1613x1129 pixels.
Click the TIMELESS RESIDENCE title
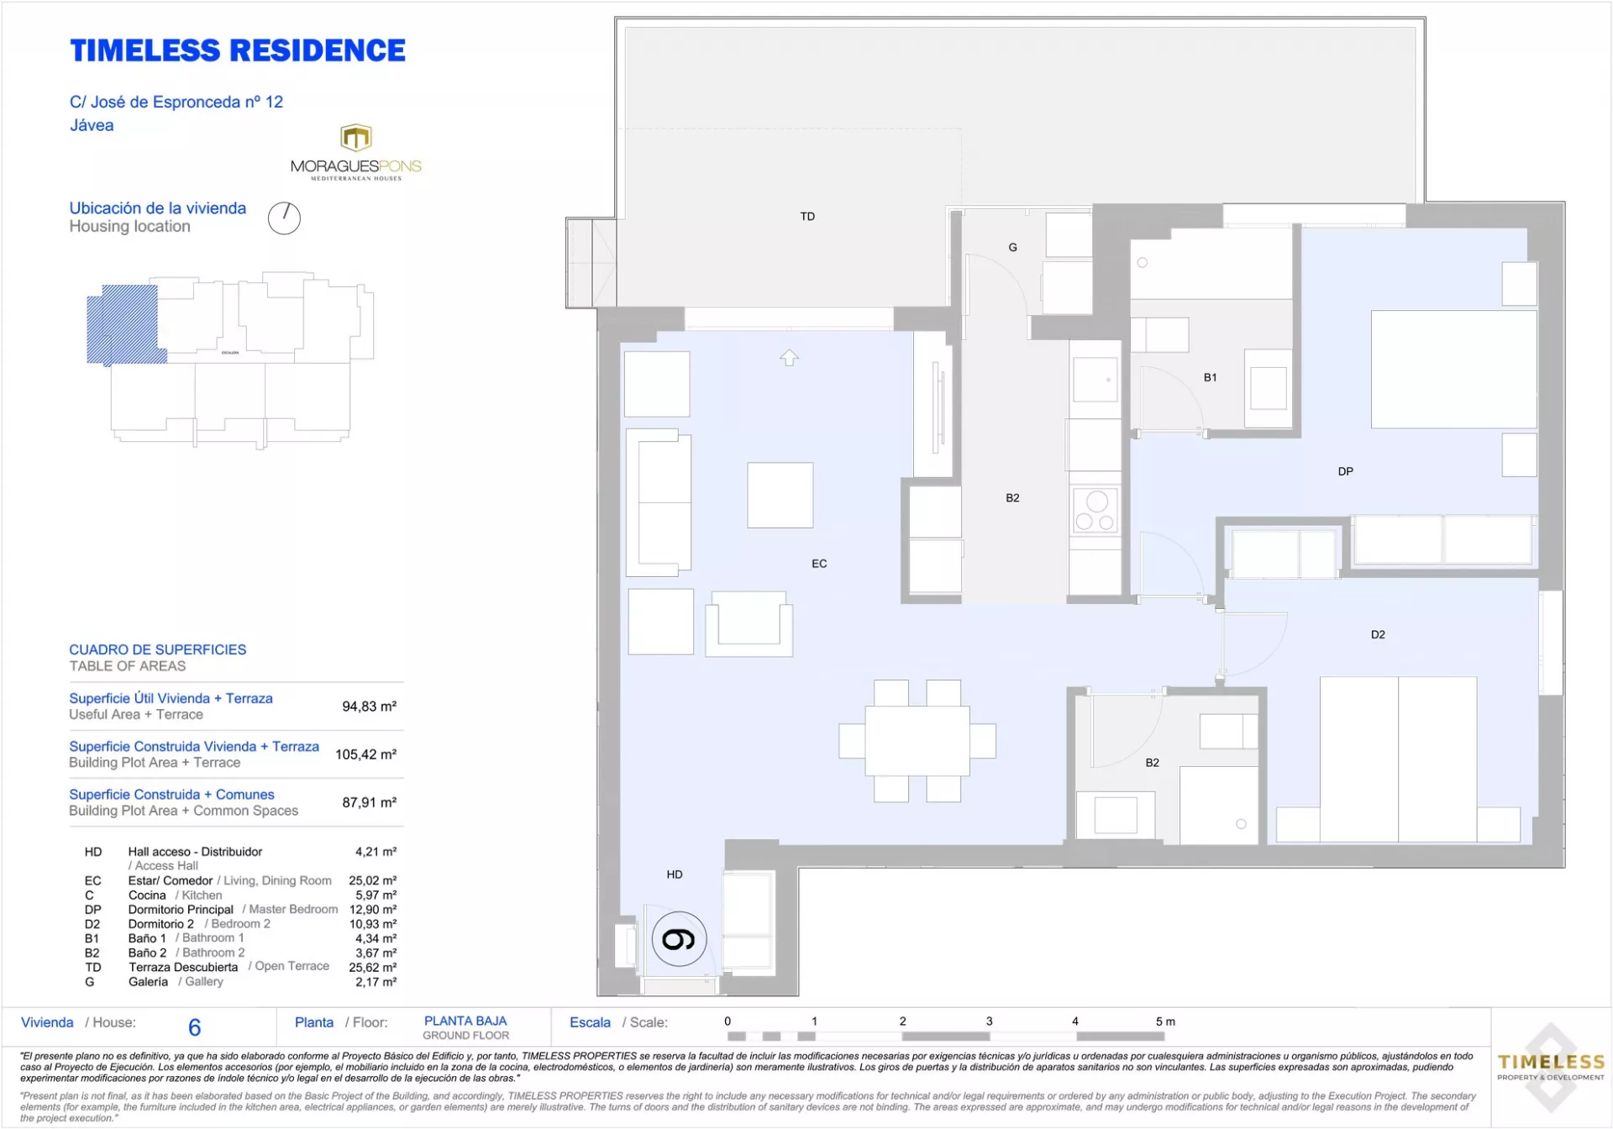[x=238, y=50]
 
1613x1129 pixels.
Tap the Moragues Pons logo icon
[x=356, y=137]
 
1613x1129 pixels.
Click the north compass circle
[x=284, y=218]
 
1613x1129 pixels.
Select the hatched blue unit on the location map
[x=124, y=324]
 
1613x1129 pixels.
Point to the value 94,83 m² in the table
[x=369, y=706]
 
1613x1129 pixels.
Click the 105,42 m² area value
[x=365, y=754]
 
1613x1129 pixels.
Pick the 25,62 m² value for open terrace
[x=372, y=967]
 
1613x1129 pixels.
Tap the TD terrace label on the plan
[x=807, y=217]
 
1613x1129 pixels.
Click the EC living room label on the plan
[x=819, y=564]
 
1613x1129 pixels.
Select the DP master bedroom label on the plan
[x=1346, y=472]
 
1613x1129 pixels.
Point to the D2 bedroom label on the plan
[x=1378, y=635]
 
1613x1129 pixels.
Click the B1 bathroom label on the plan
[x=1210, y=378]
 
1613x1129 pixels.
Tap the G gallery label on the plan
[x=1012, y=248]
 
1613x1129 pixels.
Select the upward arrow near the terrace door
[x=789, y=358]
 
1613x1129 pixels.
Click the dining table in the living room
[x=917, y=741]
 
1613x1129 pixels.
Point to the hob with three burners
[x=1096, y=511]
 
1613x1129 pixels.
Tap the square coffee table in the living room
[x=780, y=495]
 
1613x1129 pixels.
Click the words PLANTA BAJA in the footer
[x=465, y=1021]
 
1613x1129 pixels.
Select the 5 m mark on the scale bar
[x=1165, y=1022]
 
